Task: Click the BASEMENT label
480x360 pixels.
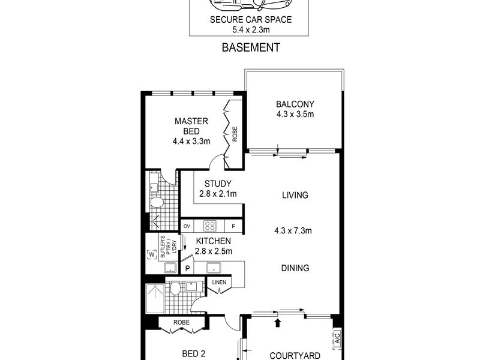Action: tap(251, 47)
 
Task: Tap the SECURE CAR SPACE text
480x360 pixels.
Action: tap(251, 20)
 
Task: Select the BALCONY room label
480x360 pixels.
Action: tap(295, 104)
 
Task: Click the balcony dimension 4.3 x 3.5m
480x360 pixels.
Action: tap(295, 114)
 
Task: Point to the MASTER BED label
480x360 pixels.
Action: tap(191, 126)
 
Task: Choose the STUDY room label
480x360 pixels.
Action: tap(218, 184)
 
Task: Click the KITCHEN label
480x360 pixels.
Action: tap(214, 241)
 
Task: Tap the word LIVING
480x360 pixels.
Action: tap(295, 195)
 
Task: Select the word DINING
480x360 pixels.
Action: tap(295, 268)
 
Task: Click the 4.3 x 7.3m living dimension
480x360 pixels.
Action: tap(293, 230)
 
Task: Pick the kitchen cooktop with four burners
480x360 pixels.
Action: tap(209, 226)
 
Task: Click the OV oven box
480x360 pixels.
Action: tap(187, 226)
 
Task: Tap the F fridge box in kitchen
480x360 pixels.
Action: tap(233, 226)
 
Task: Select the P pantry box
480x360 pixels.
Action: tap(187, 268)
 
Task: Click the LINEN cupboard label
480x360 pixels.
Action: tap(219, 282)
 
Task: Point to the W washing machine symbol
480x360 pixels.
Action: tap(152, 254)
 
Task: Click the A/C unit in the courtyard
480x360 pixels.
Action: tap(337, 338)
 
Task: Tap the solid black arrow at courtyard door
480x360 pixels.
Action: tap(278, 323)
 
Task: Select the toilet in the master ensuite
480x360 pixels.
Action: tap(157, 202)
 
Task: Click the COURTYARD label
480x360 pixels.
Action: tap(295, 356)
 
